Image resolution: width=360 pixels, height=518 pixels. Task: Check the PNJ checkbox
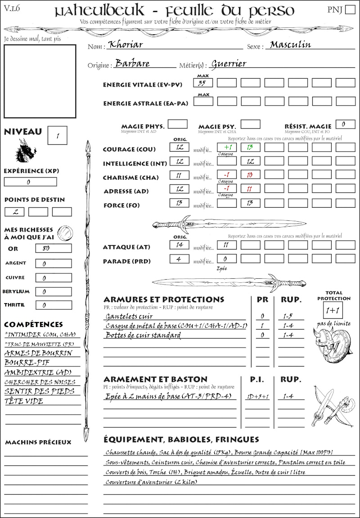[349, 10]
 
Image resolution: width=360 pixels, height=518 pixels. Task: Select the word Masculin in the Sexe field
[290, 45]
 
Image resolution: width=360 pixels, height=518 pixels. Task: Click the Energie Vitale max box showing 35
[203, 83]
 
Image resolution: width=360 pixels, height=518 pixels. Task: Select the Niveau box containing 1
[58, 134]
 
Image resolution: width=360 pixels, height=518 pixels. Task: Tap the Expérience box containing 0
[30, 182]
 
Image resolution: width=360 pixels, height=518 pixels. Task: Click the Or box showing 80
[53, 248]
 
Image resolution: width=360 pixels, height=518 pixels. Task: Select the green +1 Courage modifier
[226, 147]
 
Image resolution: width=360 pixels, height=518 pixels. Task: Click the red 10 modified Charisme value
[250, 175]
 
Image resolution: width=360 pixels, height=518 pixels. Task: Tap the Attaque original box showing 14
[180, 245]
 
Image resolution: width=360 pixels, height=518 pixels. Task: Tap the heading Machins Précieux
[38, 442]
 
